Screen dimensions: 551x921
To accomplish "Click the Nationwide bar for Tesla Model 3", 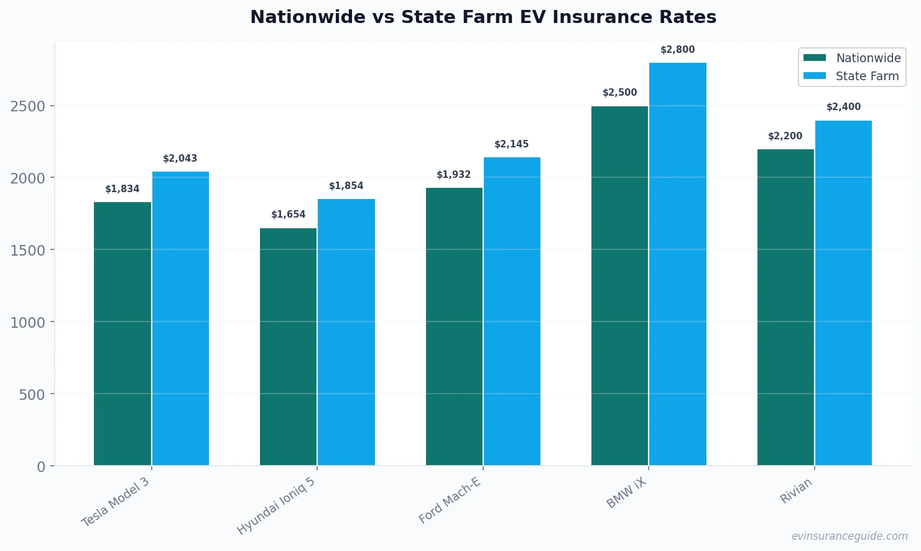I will (x=123, y=333).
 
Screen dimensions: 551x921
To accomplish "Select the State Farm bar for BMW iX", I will (x=677, y=264).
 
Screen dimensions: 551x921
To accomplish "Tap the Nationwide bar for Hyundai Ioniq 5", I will (x=288, y=346).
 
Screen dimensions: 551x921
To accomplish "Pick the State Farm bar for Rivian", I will (x=843, y=292).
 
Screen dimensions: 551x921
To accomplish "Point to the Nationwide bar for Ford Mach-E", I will (x=454, y=326).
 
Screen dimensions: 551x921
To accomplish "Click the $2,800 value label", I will (x=677, y=50).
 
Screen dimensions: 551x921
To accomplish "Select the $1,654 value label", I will (x=288, y=215).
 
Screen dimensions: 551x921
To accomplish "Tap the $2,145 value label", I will (x=511, y=144).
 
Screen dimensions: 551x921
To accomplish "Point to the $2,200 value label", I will (x=785, y=136).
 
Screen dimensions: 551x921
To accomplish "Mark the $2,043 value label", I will (x=180, y=159).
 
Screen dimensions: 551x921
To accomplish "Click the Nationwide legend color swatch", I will (x=815, y=58).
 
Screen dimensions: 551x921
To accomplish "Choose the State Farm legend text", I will (x=867, y=76).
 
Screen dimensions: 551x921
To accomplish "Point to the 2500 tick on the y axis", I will (x=28, y=106).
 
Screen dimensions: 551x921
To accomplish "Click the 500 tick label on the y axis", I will (x=32, y=395).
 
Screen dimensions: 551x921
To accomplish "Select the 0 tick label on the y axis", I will (x=41, y=467).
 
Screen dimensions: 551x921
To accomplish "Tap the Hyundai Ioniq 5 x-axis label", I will (x=276, y=506).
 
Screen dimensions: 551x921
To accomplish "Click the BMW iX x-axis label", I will (x=627, y=493).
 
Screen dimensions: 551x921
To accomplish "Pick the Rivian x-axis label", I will (x=796, y=491).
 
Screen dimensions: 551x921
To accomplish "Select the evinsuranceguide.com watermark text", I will (x=849, y=536).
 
